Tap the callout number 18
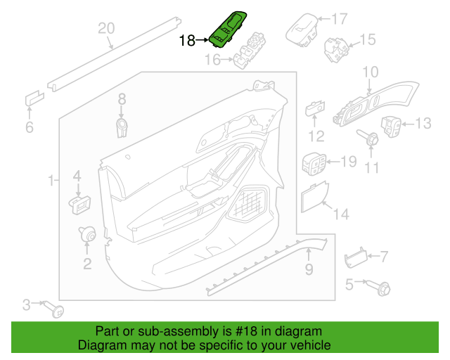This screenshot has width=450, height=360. point(187,41)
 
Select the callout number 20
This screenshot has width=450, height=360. point(105,29)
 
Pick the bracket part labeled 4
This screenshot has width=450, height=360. point(78,204)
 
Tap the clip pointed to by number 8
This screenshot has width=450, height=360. point(122,127)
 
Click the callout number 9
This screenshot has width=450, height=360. point(308,269)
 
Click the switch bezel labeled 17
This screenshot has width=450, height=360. point(301,28)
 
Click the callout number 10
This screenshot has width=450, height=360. point(370,72)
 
